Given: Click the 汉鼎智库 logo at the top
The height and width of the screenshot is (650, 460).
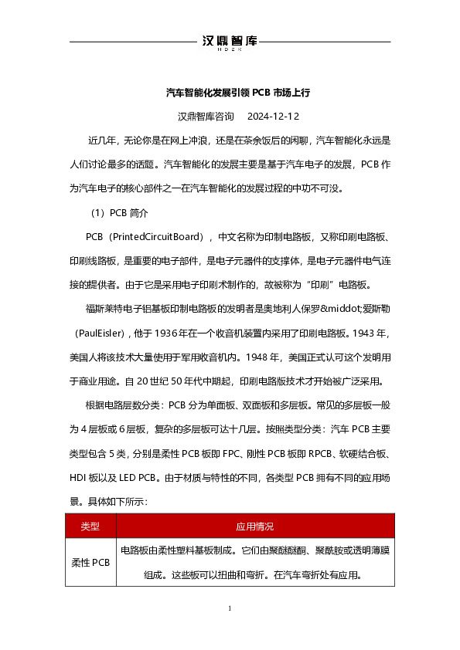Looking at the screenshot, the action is [x=229, y=42].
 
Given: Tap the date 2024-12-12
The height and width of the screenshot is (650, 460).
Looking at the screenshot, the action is [x=273, y=117].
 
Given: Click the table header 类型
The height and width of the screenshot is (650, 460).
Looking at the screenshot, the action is [x=90, y=526].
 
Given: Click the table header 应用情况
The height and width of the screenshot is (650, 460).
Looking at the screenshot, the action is [x=254, y=526].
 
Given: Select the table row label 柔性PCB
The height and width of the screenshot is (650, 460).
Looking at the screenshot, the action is [x=90, y=562].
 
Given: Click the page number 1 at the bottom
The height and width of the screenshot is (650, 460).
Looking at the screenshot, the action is [x=230, y=610].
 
